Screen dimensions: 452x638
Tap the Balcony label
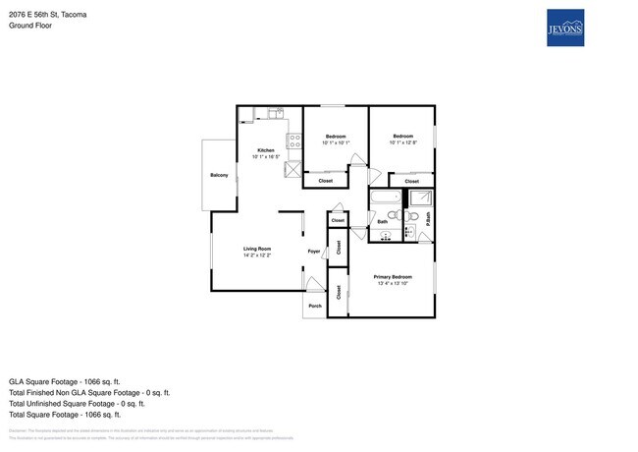click(x=219, y=175)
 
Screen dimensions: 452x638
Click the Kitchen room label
click(x=266, y=149)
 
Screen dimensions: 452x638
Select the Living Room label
click(x=257, y=249)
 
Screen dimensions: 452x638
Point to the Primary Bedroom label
click(x=393, y=277)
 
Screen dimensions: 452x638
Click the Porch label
click(x=315, y=306)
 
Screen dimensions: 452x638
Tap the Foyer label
click(x=314, y=252)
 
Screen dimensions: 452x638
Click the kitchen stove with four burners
click(x=280, y=141)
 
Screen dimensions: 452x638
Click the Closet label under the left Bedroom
click(x=326, y=181)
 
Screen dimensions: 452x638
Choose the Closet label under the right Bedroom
click(x=412, y=181)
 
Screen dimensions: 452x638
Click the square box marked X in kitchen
click(x=292, y=170)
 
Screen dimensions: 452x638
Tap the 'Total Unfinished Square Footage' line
click(x=77, y=403)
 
